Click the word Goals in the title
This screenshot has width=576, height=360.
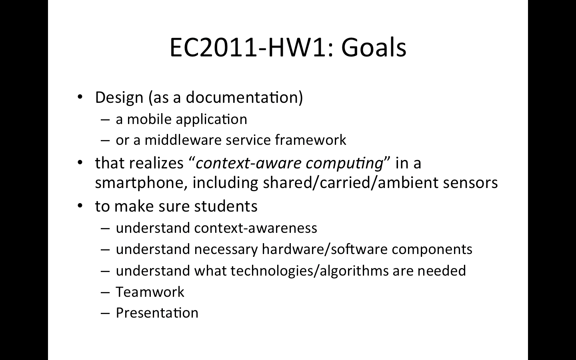[x=374, y=48]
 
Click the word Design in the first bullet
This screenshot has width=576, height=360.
[x=119, y=98]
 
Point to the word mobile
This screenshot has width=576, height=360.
[x=150, y=119]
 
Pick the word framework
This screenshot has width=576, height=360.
[x=311, y=140]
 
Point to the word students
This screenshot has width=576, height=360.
[x=226, y=206]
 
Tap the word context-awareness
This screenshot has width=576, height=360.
[x=256, y=228]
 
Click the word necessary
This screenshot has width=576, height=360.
[x=226, y=250]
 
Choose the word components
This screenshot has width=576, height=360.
[x=432, y=250]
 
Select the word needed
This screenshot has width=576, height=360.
[x=442, y=271]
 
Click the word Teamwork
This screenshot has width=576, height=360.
[x=150, y=292]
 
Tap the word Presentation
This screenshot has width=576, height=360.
[x=157, y=313]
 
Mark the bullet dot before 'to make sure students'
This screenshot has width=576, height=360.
[x=80, y=206]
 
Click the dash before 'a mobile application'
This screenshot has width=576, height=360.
[x=106, y=120]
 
